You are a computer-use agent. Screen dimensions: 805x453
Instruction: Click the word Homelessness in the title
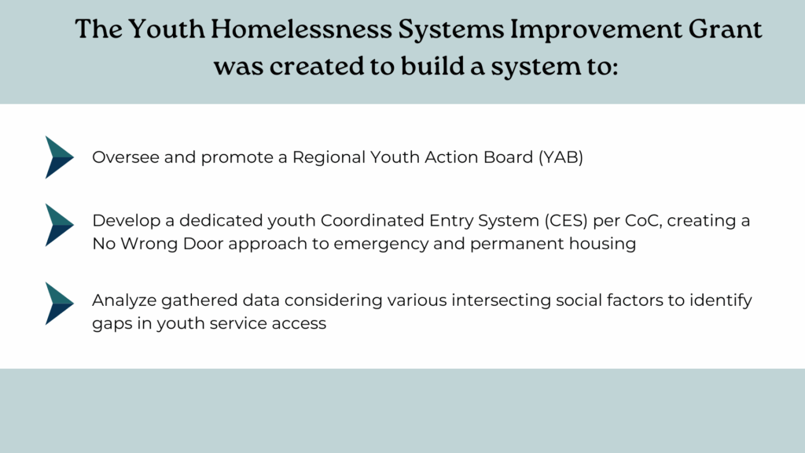click(x=301, y=29)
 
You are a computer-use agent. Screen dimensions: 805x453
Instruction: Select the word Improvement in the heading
click(x=596, y=30)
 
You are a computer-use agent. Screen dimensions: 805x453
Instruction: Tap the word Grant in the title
click(x=725, y=29)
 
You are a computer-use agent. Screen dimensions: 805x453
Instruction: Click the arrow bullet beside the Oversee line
click(x=59, y=157)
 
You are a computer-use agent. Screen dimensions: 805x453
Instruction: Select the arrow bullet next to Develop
click(x=59, y=225)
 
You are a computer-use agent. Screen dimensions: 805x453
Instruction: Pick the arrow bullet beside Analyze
click(x=59, y=304)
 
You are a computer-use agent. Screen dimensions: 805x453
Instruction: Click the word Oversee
click(x=126, y=157)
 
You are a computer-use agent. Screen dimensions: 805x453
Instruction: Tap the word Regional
click(x=329, y=157)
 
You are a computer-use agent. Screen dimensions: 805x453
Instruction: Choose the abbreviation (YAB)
click(x=561, y=157)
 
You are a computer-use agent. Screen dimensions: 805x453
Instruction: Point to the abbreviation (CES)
click(x=566, y=220)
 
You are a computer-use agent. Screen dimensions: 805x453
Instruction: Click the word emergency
click(x=381, y=245)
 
